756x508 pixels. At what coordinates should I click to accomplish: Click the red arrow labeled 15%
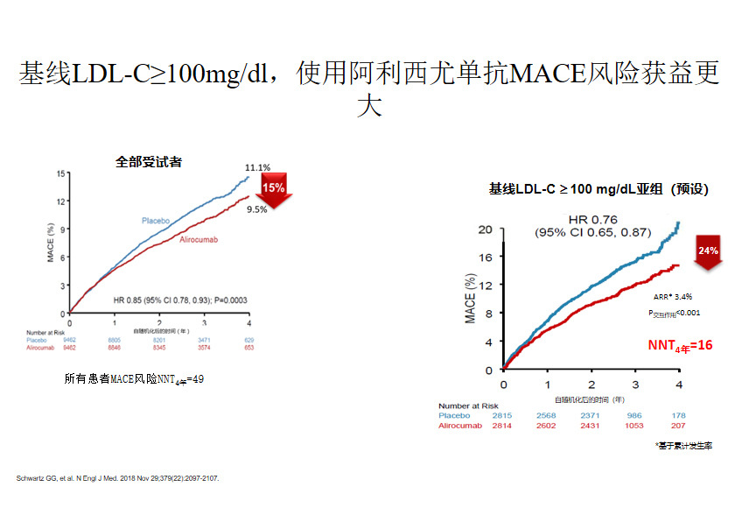pos(273,190)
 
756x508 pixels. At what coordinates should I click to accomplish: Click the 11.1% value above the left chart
pos(257,167)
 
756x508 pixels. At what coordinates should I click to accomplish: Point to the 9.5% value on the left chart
pos(256,210)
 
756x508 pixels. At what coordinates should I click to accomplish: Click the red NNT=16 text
pos(680,346)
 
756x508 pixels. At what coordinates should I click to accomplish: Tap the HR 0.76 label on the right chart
pos(593,219)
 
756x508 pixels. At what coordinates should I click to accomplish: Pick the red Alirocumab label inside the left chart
pos(199,239)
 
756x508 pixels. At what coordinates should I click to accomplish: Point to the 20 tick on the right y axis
pos(485,229)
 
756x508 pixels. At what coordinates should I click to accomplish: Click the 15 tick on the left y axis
pos(60,173)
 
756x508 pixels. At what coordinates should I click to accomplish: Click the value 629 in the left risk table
pos(248,340)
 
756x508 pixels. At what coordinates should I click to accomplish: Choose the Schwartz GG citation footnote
pos(118,478)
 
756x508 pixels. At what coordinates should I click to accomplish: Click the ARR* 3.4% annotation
pos(673,296)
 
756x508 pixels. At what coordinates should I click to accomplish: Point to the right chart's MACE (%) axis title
pos(471,300)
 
